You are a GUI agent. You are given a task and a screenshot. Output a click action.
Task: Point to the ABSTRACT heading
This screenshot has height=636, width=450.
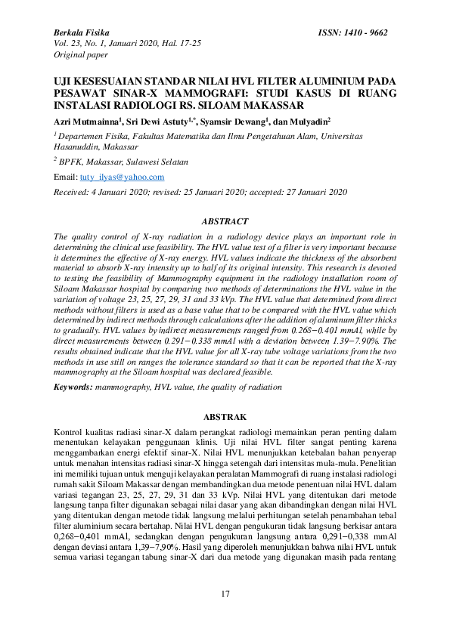click(x=224, y=221)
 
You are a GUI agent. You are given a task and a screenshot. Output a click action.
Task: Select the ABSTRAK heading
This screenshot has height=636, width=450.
click(x=224, y=416)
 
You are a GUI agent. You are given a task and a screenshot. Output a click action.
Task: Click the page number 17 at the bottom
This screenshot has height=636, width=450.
click(x=225, y=594)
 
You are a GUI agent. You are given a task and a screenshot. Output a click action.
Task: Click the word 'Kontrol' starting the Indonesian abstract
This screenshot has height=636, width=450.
click(x=67, y=431)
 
